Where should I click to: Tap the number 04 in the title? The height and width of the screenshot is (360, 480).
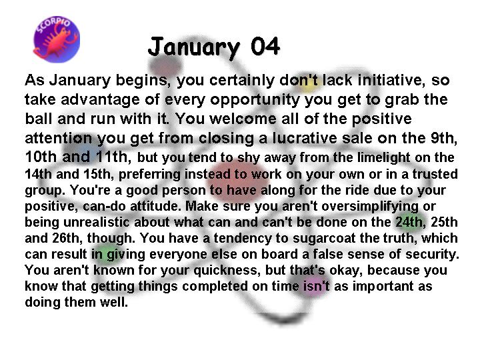[265, 46]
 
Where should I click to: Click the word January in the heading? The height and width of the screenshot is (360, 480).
[193, 47]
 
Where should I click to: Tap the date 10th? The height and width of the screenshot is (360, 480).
[41, 157]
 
